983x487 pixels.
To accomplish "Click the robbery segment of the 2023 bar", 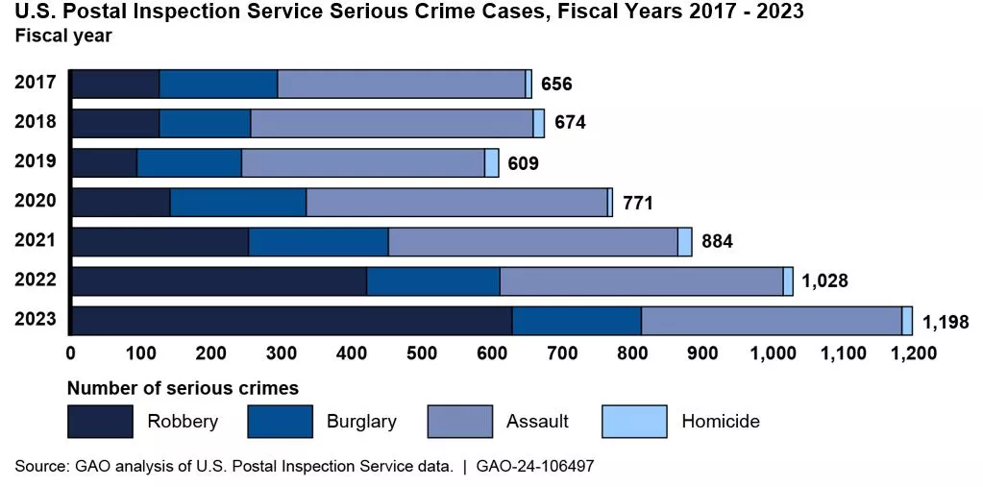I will click(291, 321).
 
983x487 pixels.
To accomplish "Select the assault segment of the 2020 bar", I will click(456, 202).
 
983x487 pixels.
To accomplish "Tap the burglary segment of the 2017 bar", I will click(218, 84).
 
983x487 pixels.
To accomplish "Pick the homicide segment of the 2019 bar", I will click(491, 162).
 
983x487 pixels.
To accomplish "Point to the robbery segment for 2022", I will click(219, 281).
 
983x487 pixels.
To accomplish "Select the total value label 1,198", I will click(946, 322).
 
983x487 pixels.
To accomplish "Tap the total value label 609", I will click(524, 163).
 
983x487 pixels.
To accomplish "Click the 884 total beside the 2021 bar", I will click(717, 242).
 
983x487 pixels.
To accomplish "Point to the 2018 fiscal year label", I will click(36, 122).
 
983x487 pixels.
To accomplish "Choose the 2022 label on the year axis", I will click(36, 280).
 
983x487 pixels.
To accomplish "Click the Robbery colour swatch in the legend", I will click(100, 421).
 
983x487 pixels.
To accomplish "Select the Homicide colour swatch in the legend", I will click(634, 421).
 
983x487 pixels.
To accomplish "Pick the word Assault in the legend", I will click(537, 421).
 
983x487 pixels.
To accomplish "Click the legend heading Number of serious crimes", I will click(183, 389).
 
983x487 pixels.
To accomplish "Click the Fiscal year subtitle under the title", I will click(63, 37).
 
